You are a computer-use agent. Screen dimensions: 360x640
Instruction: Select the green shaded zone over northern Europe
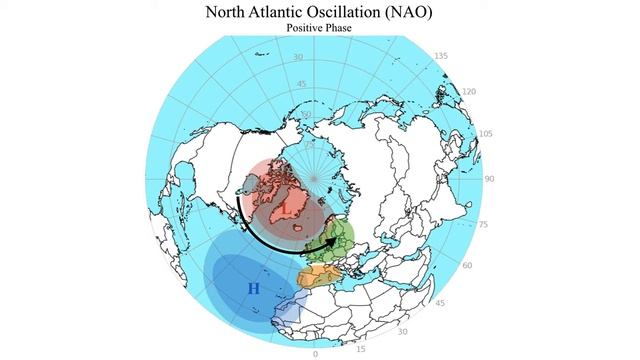click(x=338, y=238)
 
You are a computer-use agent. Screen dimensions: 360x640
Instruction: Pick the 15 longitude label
click(x=361, y=348)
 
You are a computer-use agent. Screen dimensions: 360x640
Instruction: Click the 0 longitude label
click(x=315, y=354)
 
